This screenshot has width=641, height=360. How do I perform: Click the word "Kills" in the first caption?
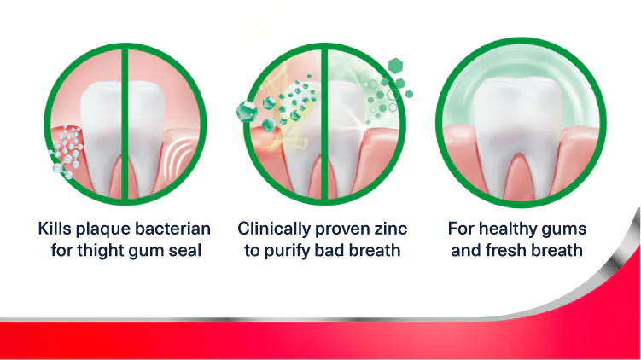57,229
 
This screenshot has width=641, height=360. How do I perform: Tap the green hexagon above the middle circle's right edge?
395,66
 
